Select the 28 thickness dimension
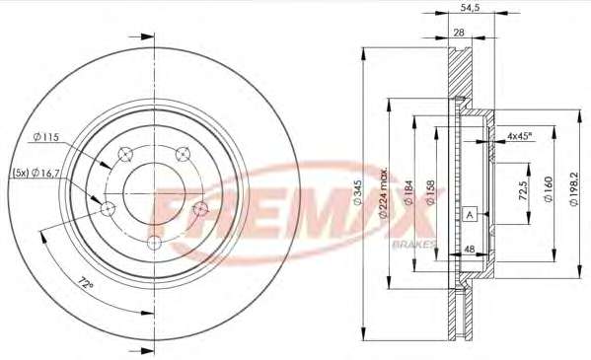click(x=459, y=33)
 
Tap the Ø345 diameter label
click(x=358, y=192)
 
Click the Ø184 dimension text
click(x=408, y=192)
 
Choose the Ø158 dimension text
click(x=430, y=192)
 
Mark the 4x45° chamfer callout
click(x=519, y=136)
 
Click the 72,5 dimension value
click(x=522, y=189)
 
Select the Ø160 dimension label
click(x=548, y=189)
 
